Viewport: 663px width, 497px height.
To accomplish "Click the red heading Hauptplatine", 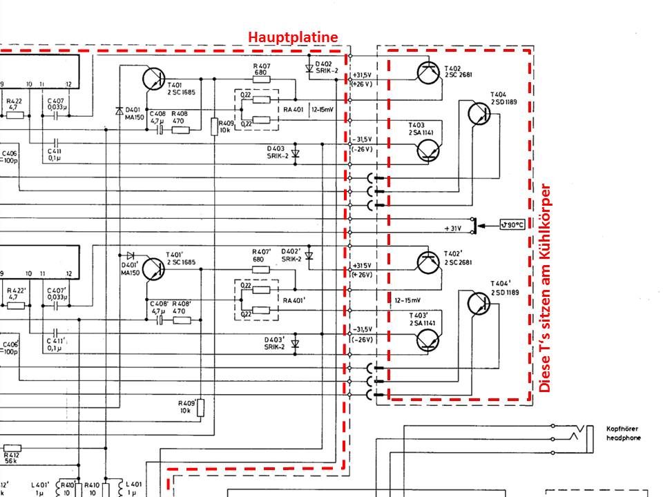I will click(293, 37).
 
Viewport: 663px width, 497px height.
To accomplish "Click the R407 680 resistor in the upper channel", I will click(262, 79).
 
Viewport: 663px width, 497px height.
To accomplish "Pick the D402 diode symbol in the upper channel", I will click(309, 68).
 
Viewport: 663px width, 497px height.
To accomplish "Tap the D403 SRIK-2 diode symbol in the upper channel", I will click(296, 153).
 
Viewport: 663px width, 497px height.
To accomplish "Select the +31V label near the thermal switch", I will click(452, 228).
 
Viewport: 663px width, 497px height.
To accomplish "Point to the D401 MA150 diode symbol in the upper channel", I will click(120, 110).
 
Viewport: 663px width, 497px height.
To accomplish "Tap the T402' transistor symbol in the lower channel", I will click(429, 260).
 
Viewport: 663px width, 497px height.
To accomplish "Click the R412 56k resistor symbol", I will click(12, 447).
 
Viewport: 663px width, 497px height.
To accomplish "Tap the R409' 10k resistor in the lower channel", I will click(201, 408).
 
